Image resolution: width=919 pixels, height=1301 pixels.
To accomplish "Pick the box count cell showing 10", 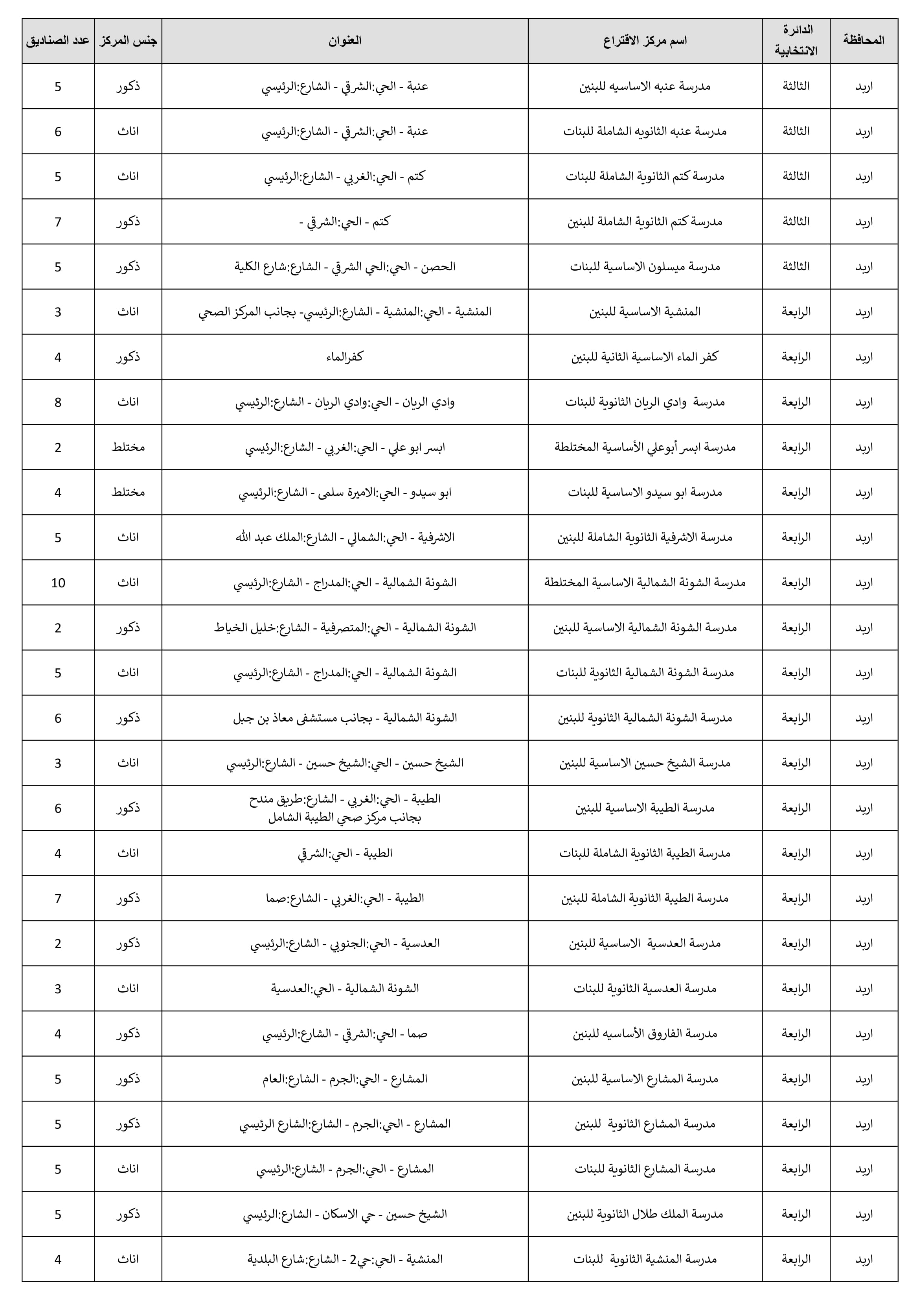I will [x=58, y=583].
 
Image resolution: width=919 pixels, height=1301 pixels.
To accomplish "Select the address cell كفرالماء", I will [x=344, y=357].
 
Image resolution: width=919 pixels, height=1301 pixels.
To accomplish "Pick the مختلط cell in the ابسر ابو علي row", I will [x=128, y=447].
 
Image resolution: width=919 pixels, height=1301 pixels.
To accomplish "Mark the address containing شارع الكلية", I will [x=344, y=266].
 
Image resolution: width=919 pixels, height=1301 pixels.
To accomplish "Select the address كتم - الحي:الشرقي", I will [x=344, y=221].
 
